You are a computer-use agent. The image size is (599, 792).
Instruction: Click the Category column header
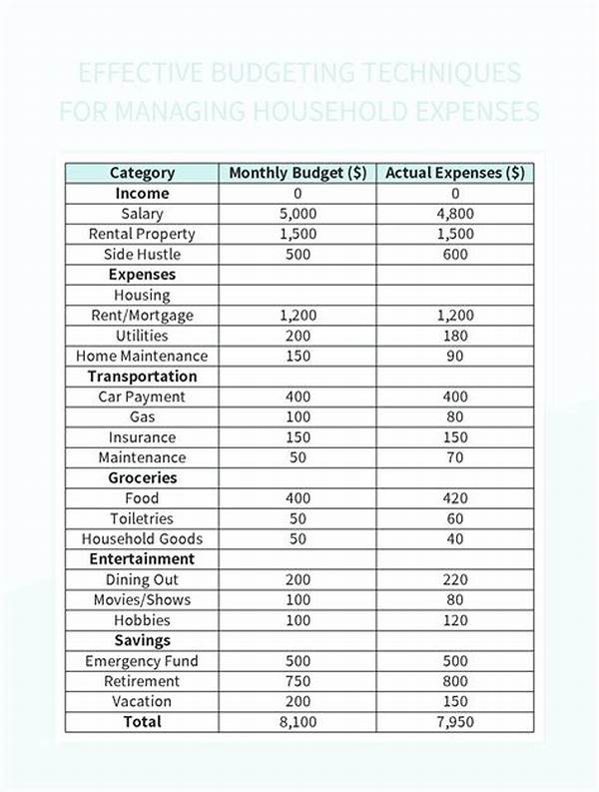142,173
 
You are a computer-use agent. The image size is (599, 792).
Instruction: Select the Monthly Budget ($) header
299,173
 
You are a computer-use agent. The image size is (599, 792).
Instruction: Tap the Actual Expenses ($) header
455,173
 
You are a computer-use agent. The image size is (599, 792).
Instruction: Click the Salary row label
142,214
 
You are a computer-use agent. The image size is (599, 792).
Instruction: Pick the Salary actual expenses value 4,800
455,214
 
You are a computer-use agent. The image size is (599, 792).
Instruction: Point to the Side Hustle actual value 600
455,254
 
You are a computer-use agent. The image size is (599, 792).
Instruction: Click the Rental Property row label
142,234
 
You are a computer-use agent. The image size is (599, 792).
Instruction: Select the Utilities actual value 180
455,336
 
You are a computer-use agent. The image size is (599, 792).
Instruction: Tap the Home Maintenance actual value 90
455,356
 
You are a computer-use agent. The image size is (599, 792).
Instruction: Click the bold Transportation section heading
142,377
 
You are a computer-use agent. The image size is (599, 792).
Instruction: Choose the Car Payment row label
142,396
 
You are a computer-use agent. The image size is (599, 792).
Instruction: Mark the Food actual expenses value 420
455,498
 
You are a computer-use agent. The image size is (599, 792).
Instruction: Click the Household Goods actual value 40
455,538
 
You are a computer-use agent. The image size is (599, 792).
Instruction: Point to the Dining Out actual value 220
455,579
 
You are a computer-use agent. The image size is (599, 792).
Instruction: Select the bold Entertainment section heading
142,559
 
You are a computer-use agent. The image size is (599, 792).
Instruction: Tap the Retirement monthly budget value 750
299,681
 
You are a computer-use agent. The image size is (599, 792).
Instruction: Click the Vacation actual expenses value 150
455,701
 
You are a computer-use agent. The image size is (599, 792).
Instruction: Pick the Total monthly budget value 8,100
299,721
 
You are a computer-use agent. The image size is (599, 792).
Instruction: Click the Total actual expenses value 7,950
455,721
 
